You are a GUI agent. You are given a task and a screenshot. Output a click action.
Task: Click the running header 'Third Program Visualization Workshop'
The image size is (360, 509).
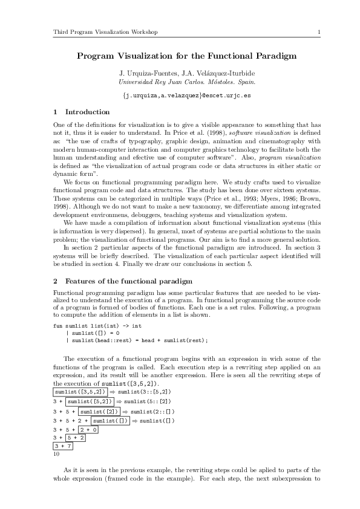[x=105, y=31]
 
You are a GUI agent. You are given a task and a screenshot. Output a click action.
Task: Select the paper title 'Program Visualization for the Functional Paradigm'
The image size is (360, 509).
[x=186, y=56]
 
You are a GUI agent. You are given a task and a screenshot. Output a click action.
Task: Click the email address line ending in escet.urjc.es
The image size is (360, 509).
[x=186, y=96]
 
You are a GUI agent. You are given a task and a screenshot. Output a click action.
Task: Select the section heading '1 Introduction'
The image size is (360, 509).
[x=82, y=112]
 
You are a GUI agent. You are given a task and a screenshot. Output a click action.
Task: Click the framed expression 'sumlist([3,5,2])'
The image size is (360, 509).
[x=80, y=392]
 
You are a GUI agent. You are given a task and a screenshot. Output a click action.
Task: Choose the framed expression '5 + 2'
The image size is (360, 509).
[x=76, y=438]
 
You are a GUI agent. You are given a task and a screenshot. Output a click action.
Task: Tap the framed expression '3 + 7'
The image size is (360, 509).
[x=63, y=446]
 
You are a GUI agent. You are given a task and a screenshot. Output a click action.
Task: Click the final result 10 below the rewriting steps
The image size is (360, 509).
[x=56, y=453]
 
